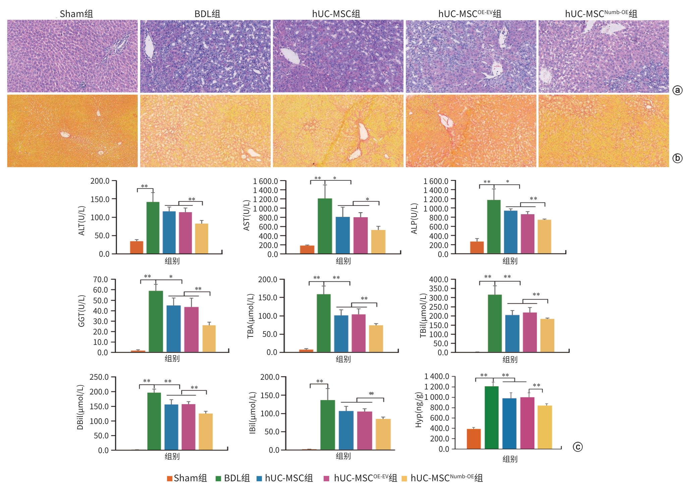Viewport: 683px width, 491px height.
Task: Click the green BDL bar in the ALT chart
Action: pyautogui.click(x=153, y=228)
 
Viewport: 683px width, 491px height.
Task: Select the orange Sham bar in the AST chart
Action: pyautogui.click(x=307, y=249)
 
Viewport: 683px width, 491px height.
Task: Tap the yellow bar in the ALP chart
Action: pyautogui.click(x=544, y=237)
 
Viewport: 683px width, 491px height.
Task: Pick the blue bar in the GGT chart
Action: pyautogui.click(x=173, y=328)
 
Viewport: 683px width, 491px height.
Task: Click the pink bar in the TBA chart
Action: pyautogui.click(x=358, y=333)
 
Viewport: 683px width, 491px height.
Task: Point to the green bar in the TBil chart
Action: pyautogui.click(x=495, y=323)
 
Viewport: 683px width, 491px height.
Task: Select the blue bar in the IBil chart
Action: pyautogui.click(x=346, y=430)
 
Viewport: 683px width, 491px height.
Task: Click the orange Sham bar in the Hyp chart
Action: pyautogui.click(x=473, y=439)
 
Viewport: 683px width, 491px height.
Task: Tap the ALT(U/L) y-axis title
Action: pyautogui.click(x=81, y=221)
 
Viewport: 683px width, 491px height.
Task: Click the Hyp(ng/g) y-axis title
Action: pyautogui.click(x=418, y=410)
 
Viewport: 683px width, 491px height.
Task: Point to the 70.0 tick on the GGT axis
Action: pyautogui.click(x=100, y=280)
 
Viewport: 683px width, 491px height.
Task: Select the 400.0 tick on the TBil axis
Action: pyautogui.click(x=439, y=280)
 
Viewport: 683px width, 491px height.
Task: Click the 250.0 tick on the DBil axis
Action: pyautogui.click(x=99, y=377)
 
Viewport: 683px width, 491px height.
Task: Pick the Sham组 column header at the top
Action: pyautogui.click(x=76, y=14)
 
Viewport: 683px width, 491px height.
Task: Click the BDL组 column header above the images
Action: pyautogui.click(x=207, y=14)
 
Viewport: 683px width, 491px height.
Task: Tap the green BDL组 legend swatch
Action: pyautogui.click(x=218, y=479)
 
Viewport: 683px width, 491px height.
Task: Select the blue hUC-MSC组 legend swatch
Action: pyautogui.click(x=259, y=479)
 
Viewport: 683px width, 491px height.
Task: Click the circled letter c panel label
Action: pyautogui.click(x=578, y=447)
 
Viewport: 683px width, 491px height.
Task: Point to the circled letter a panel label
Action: pyautogui.click(x=677, y=90)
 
